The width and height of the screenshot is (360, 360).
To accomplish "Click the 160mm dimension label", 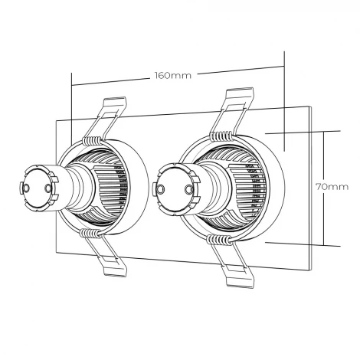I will [x=172, y=75].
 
